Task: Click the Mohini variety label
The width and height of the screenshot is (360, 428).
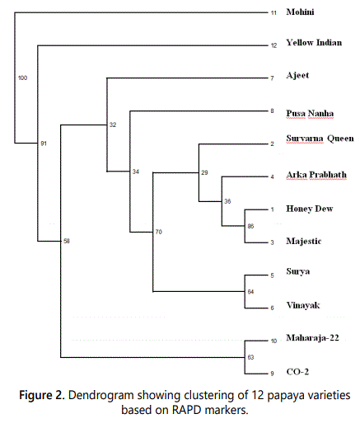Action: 300,12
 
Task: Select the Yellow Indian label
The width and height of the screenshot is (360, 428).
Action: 314,43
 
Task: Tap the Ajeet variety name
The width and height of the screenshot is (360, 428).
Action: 297,75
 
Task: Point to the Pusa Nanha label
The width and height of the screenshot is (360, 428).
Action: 310,113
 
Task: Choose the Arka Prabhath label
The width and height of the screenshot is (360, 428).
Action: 316,175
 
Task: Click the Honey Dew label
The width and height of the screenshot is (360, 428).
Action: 310,209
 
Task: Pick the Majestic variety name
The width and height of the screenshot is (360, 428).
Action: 304,241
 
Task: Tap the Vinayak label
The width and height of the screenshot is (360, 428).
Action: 303,305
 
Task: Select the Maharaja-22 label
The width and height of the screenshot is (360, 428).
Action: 312,337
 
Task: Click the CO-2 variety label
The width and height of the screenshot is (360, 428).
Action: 297,372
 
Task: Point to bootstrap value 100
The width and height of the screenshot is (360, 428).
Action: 22,78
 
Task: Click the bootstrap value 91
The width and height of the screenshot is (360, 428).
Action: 44,143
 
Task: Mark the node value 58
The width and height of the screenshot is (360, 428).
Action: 67,241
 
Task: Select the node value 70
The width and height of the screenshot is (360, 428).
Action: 159,232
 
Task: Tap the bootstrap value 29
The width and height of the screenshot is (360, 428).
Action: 204,172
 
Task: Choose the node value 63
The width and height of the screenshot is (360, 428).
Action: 250,357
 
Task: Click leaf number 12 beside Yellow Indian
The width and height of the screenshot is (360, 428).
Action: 274,45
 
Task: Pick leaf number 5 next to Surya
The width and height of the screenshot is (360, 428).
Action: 272,275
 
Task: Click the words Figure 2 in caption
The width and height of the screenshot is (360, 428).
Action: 42,395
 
